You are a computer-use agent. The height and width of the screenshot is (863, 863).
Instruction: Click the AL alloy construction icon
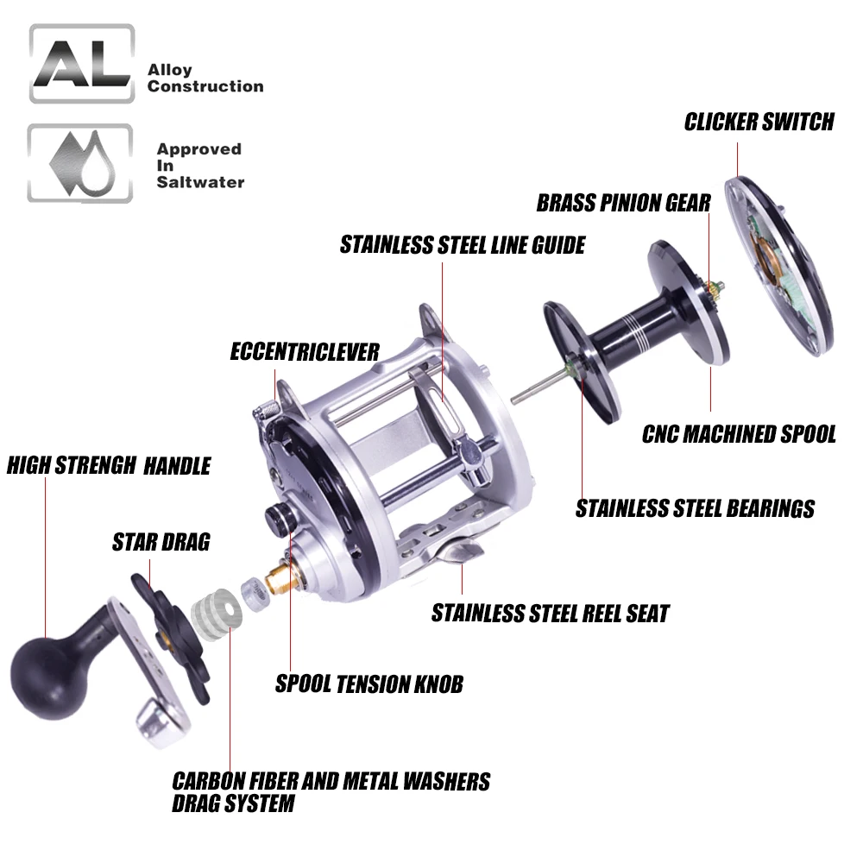pyautogui.click(x=81, y=65)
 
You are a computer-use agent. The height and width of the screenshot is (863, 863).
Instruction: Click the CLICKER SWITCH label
pyautogui.click(x=759, y=122)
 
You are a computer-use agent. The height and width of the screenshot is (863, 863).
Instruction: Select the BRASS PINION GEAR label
pyautogui.click(x=623, y=203)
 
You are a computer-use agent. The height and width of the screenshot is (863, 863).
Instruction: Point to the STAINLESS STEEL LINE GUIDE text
pyautogui.click(x=462, y=245)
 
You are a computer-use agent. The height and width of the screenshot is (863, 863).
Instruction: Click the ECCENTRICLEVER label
pyautogui.click(x=305, y=351)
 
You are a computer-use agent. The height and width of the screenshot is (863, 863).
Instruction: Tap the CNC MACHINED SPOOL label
pyautogui.click(x=739, y=433)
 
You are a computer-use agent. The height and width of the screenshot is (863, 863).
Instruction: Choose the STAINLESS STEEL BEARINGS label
pyautogui.click(x=695, y=508)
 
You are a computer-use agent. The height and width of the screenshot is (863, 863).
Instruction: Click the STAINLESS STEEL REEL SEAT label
pyautogui.click(x=550, y=614)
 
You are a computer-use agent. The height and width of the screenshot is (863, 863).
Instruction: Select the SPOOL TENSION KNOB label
pyautogui.click(x=369, y=684)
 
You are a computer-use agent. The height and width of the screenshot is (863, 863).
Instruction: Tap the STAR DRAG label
pyautogui.click(x=161, y=542)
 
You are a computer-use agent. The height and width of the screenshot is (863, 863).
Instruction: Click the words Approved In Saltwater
pyautogui.click(x=199, y=165)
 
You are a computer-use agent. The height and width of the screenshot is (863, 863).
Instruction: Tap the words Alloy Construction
pyautogui.click(x=205, y=78)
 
